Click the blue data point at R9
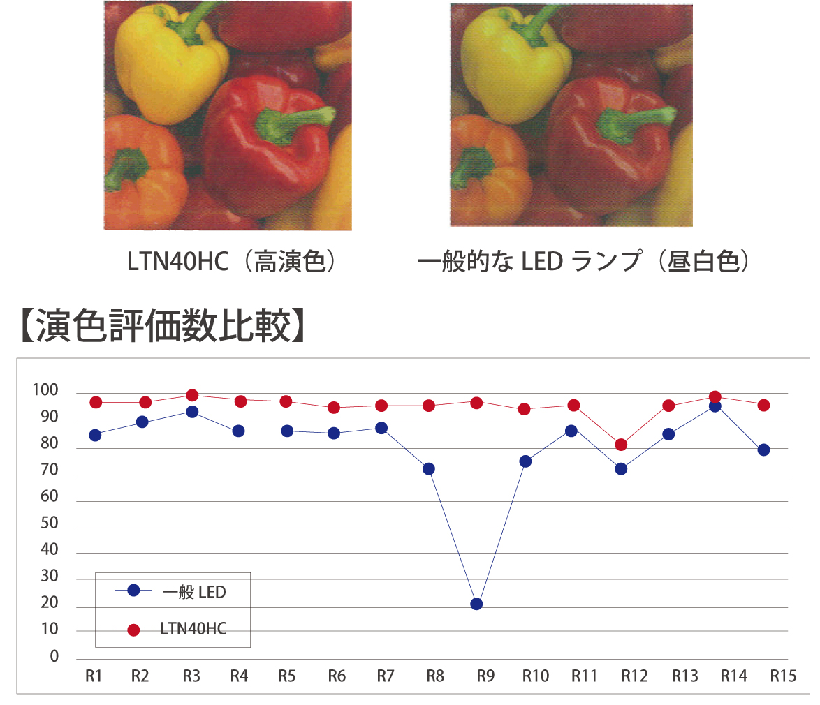click(476, 604)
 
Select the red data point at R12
click(621, 445)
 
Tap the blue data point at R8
click(429, 468)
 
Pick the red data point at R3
click(192, 396)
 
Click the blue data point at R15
click(763, 450)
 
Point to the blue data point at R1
click(96, 435)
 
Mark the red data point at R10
click(524, 409)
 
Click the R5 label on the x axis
click(286, 676)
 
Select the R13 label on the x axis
click(684, 676)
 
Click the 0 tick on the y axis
click(54, 657)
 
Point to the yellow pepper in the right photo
click(510, 66)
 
